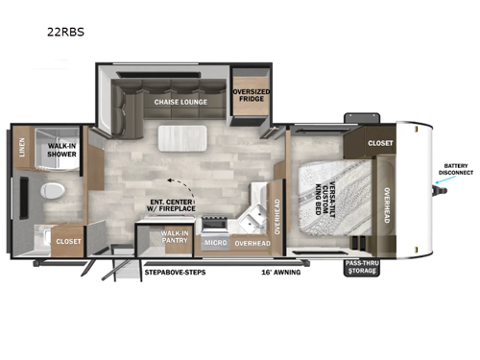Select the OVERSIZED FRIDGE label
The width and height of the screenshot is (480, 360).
point(251,97)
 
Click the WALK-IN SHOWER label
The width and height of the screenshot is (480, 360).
point(62,151)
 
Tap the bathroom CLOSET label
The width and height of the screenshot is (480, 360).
point(68,242)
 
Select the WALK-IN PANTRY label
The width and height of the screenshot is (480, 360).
point(175,238)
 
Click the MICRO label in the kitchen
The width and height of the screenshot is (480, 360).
point(215,244)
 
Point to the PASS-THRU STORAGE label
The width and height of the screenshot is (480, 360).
point(363,267)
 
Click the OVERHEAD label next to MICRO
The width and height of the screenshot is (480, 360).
point(252,244)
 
